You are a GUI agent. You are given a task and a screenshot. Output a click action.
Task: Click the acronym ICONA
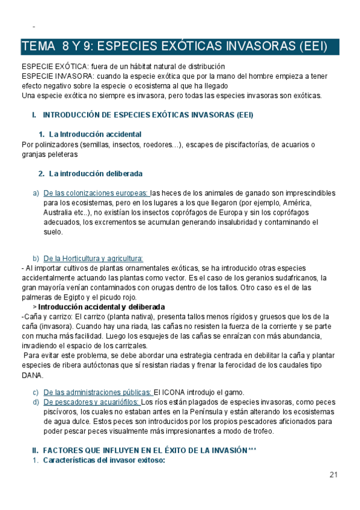click(176, 392)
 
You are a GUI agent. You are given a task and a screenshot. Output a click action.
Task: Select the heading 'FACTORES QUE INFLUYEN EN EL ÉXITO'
click(144, 450)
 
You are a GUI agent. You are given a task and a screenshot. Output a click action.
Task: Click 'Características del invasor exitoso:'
click(105, 460)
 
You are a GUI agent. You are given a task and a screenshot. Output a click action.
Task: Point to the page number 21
click(334, 475)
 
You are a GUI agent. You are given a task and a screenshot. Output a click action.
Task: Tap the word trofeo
click(260, 431)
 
